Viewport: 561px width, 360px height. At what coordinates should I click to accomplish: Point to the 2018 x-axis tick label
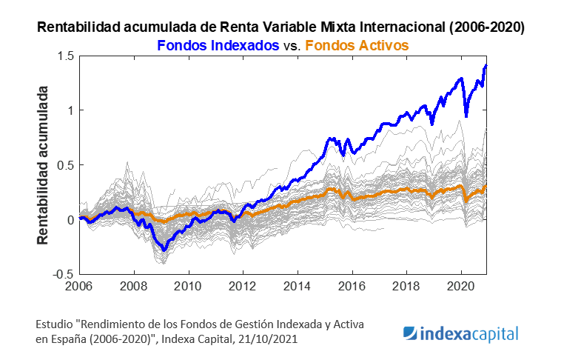(x=406, y=286)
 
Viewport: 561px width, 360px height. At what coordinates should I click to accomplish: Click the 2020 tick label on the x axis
(x=461, y=286)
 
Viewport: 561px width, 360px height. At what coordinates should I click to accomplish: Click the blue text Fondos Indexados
(x=216, y=45)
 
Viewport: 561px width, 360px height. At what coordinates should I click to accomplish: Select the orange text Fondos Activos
(x=357, y=45)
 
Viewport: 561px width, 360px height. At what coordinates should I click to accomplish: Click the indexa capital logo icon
(x=411, y=334)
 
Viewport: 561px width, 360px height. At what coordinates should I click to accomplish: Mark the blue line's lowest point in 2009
(x=164, y=251)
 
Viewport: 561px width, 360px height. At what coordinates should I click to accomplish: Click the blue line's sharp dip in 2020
(x=466, y=116)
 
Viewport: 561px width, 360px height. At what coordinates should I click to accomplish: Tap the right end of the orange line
(x=486, y=186)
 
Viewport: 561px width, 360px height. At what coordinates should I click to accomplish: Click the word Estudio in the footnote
(x=55, y=325)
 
